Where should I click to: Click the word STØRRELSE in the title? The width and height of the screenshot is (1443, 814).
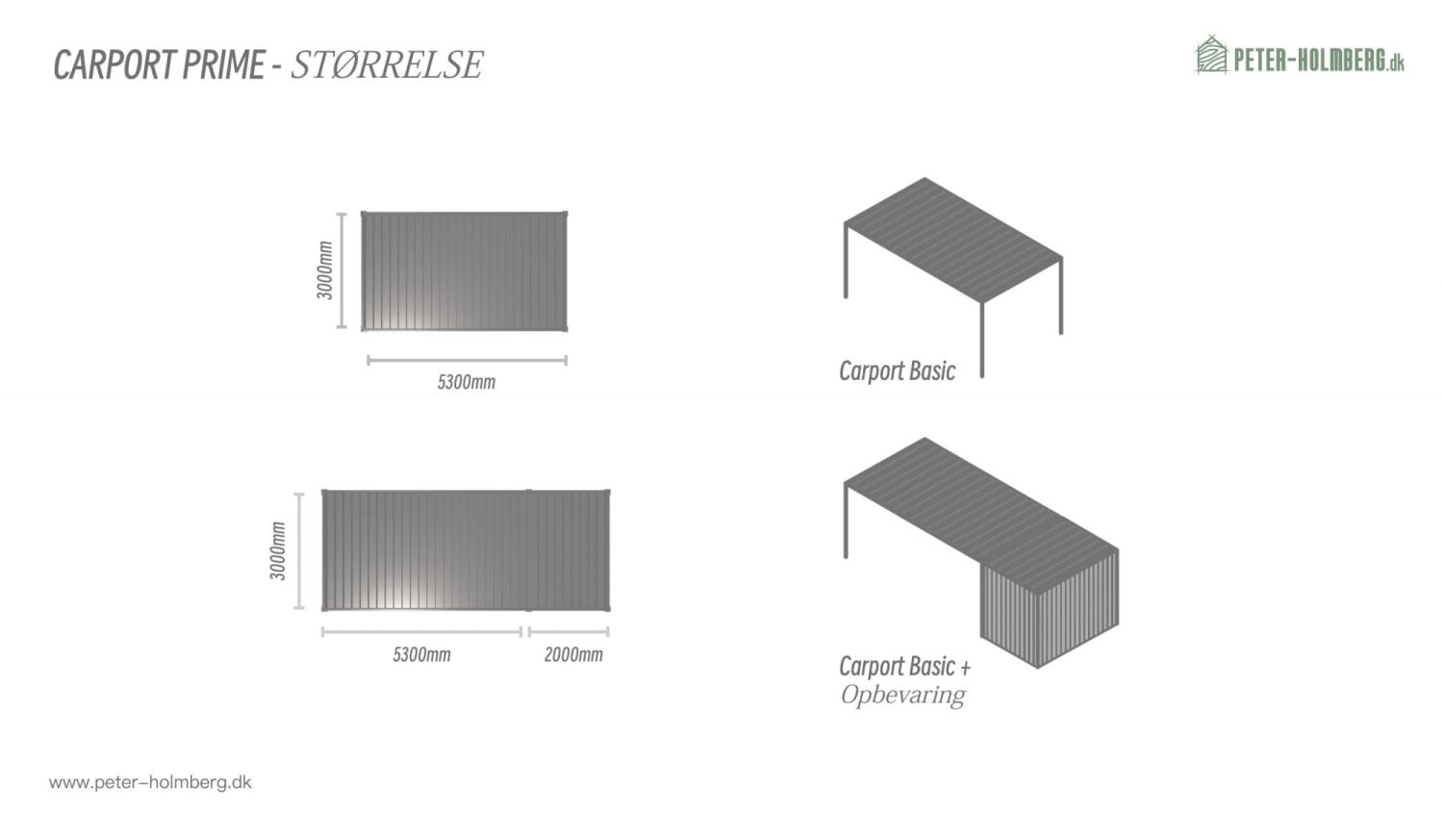[387, 64]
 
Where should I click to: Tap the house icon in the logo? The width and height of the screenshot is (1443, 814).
[1211, 55]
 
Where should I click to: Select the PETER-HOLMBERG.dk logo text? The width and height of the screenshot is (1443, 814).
[1318, 60]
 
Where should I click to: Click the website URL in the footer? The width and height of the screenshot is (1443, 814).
[150, 782]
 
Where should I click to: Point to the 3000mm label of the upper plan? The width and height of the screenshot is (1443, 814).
[325, 270]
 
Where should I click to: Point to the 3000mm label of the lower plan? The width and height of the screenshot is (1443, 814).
[278, 551]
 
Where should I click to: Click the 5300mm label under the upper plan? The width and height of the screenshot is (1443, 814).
[467, 382]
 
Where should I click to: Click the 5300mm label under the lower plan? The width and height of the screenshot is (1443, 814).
[421, 655]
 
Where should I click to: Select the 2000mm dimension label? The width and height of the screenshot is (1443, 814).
[573, 655]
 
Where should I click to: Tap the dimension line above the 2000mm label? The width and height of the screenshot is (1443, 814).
[569, 632]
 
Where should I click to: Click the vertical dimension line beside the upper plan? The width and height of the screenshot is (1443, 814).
[342, 270]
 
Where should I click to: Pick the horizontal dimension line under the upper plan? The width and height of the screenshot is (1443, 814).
[467, 361]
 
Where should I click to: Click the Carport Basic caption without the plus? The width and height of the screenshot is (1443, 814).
[897, 371]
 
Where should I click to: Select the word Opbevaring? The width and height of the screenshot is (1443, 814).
[902, 695]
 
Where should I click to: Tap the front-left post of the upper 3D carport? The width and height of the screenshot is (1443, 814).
[846, 261]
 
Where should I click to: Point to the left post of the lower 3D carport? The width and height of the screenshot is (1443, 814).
[846, 521]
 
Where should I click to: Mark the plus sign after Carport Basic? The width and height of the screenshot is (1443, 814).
[965, 667]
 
